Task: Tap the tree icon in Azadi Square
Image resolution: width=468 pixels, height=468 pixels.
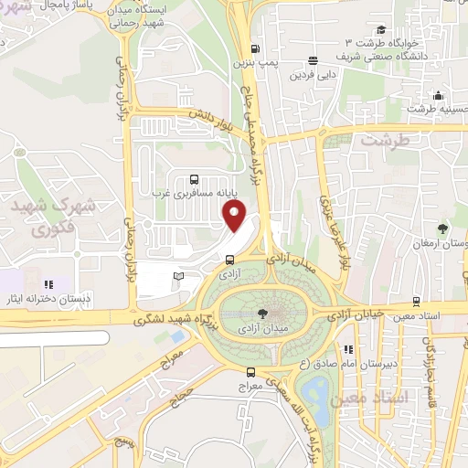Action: [264, 311]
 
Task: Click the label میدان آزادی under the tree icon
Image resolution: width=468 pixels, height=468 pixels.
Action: [261, 326]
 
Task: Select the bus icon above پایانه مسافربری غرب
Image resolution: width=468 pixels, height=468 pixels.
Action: [193, 179]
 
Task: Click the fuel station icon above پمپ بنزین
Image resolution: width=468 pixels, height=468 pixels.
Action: [254, 49]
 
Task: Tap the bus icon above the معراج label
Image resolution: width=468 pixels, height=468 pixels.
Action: [251, 371]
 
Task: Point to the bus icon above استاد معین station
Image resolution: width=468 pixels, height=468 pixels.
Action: [417, 301]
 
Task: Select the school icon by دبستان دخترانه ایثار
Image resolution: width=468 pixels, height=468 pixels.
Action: [49, 285]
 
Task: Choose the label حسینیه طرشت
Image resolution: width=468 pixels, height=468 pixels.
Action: [432, 109]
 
